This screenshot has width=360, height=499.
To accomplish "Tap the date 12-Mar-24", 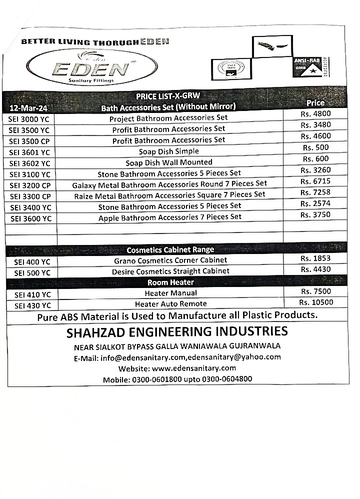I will click(28, 108).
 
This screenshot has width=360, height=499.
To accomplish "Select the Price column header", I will click(315, 103).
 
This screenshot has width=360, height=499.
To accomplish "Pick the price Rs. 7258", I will click(315, 192).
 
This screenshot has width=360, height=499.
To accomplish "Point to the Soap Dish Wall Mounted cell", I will click(168, 162).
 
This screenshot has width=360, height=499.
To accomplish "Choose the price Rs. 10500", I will click(316, 302).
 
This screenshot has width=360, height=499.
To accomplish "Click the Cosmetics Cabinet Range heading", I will click(170, 249).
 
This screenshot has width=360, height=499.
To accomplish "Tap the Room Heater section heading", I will click(170, 282).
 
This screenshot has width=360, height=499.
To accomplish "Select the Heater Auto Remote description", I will click(170, 304).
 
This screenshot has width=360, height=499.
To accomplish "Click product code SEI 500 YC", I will click(32, 272).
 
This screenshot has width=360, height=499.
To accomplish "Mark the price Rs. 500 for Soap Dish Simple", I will click(315, 147).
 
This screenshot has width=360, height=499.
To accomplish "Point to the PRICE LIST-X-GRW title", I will click(168, 96).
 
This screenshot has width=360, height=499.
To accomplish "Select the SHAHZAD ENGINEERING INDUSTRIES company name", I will click(177, 331).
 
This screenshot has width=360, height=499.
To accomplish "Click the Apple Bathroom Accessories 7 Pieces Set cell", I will click(169, 217).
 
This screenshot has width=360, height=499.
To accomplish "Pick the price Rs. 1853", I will click(315, 258).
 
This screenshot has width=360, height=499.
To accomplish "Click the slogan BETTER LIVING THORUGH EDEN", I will click(95, 41).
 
